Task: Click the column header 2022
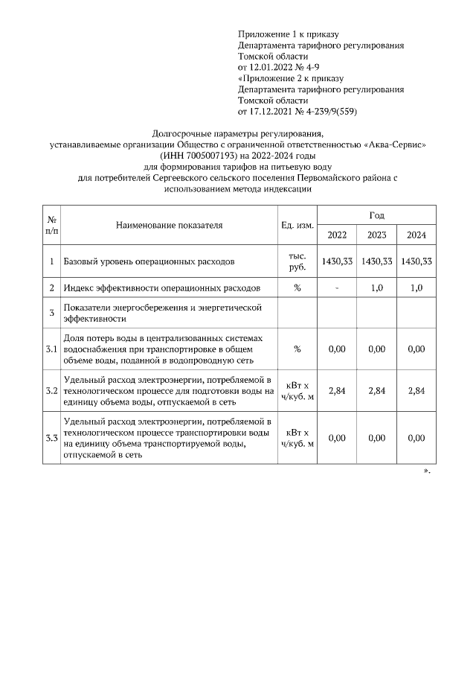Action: (337, 235)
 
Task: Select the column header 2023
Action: (376, 235)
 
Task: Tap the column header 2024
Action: (416, 235)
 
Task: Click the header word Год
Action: (376, 215)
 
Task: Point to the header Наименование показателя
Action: (170, 224)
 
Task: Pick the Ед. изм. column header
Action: (297, 224)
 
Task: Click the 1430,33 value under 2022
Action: (337, 261)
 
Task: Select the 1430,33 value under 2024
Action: (416, 261)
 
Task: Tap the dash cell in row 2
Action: (337, 287)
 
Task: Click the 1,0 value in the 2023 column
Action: (376, 287)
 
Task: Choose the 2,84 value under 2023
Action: (376, 391)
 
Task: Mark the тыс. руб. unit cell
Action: (297, 261)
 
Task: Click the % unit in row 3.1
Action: (297, 349)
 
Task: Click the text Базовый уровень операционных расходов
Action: (149, 262)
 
